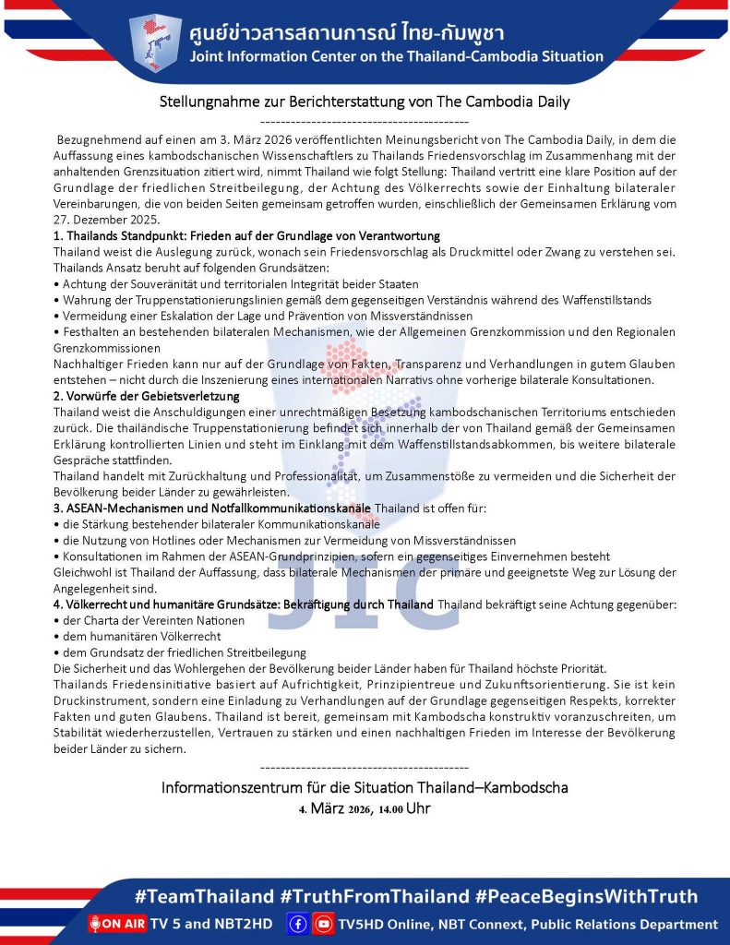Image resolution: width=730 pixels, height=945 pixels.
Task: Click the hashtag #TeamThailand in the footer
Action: coord(204,896)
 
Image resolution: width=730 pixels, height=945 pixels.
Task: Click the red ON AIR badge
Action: coord(117,924)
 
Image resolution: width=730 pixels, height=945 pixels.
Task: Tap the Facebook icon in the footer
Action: coord(298,924)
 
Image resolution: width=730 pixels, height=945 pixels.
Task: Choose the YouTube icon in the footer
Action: coord(323,924)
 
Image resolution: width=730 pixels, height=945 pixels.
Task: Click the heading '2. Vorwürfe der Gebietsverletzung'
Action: coord(147,396)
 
